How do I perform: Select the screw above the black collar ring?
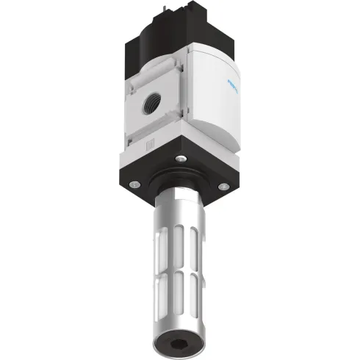[178, 159]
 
